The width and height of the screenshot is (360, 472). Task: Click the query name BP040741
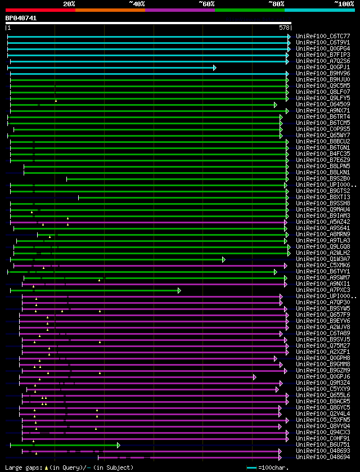pos(21,18)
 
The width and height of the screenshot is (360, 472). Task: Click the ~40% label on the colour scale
pos(137,4)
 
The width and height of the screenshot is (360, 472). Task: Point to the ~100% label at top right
pos(344,4)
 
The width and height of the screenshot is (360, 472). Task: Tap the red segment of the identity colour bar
pos(40,10)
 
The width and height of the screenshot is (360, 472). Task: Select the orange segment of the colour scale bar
pos(110,10)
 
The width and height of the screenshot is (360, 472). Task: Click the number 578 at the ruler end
pos(284,27)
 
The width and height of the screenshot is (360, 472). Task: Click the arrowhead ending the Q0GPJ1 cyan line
pos(214,68)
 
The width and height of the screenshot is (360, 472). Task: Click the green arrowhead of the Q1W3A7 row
pos(223,259)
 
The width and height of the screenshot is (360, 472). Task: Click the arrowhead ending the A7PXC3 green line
pos(179,290)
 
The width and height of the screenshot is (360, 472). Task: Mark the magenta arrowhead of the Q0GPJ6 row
pos(254,377)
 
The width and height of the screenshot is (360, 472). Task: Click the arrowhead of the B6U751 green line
pos(118,445)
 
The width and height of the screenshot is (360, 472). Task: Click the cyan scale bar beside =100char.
pos(251,467)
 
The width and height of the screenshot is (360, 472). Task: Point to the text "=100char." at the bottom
pos(274,467)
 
